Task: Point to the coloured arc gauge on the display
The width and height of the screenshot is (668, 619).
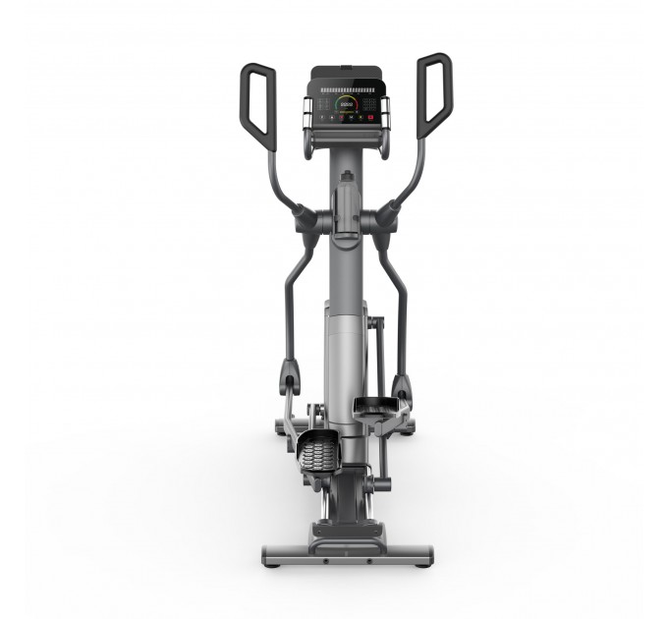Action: [345, 101]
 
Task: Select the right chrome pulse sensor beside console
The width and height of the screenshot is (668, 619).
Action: [383, 110]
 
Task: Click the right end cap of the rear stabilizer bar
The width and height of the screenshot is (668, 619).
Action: [424, 555]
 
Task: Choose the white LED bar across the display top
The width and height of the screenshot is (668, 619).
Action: [345, 88]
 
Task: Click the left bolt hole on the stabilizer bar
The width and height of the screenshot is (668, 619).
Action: [323, 561]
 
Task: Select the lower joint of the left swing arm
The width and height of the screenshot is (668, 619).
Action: [290, 378]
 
